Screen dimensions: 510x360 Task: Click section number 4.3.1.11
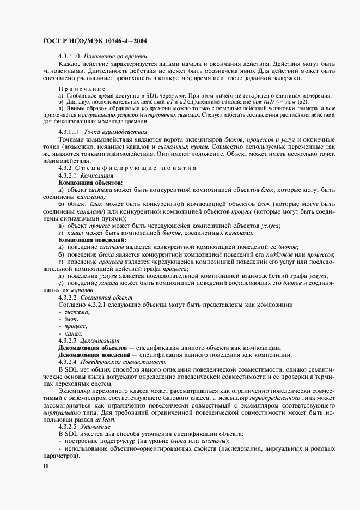(69, 132)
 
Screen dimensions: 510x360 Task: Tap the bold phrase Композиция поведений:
(93, 240)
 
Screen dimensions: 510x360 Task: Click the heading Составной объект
(106, 297)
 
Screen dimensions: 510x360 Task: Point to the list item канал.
(74, 333)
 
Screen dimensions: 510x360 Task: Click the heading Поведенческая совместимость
(123, 362)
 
